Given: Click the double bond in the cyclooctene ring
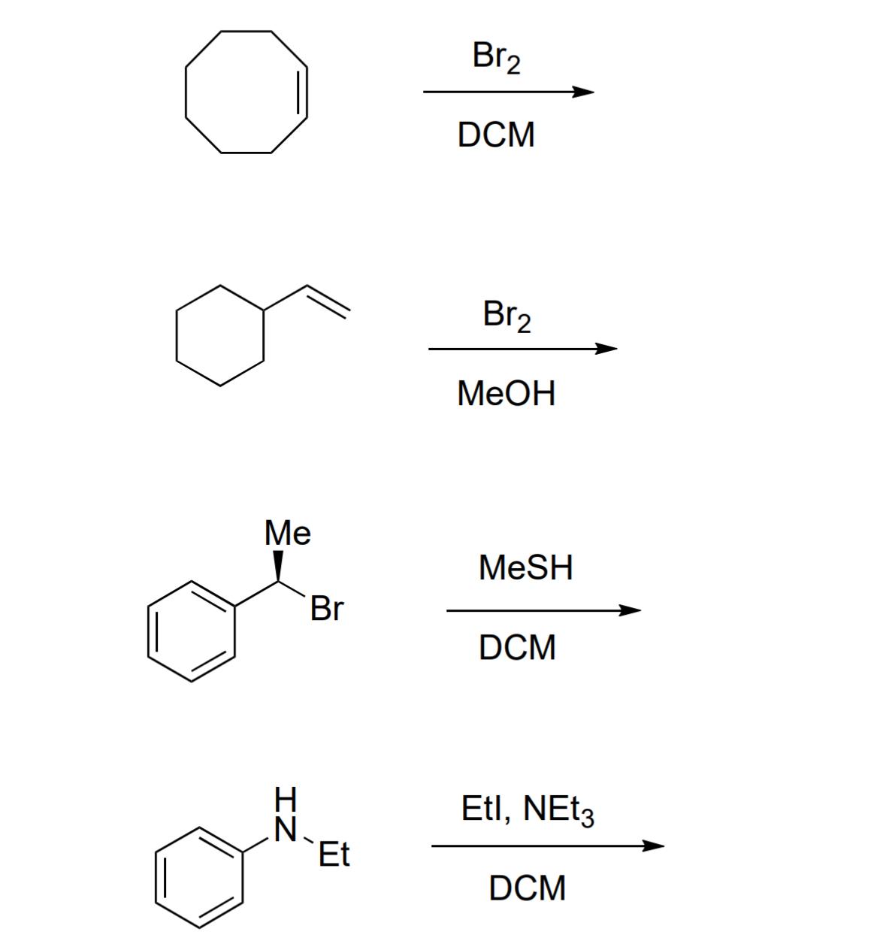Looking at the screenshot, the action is pyautogui.click(x=304, y=92).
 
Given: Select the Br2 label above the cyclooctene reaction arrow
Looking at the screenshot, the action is pyautogui.click(x=496, y=57).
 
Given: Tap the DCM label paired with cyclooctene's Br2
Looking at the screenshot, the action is pyautogui.click(x=496, y=135).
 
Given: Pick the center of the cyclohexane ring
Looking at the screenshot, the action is pyautogui.click(x=219, y=335).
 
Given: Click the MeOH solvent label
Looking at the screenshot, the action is pyautogui.click(x=506, y=393).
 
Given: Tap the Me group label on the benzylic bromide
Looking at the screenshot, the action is pyautogui.click(x=288, y=534).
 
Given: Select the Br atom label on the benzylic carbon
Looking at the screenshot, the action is pyautogui.click(x=327, y=609).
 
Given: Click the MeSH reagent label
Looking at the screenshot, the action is pyautogui.click(x=525, y=567).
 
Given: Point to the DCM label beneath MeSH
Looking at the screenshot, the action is pyautogui.click(x=518, y=647).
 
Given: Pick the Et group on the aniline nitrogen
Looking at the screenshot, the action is pyautogui.click(x=334, y=855).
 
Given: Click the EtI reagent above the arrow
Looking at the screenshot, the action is pyautogui.click(x=482, y=809).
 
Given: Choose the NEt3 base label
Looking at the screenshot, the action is pyautogui.click(x=558, y=810).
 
